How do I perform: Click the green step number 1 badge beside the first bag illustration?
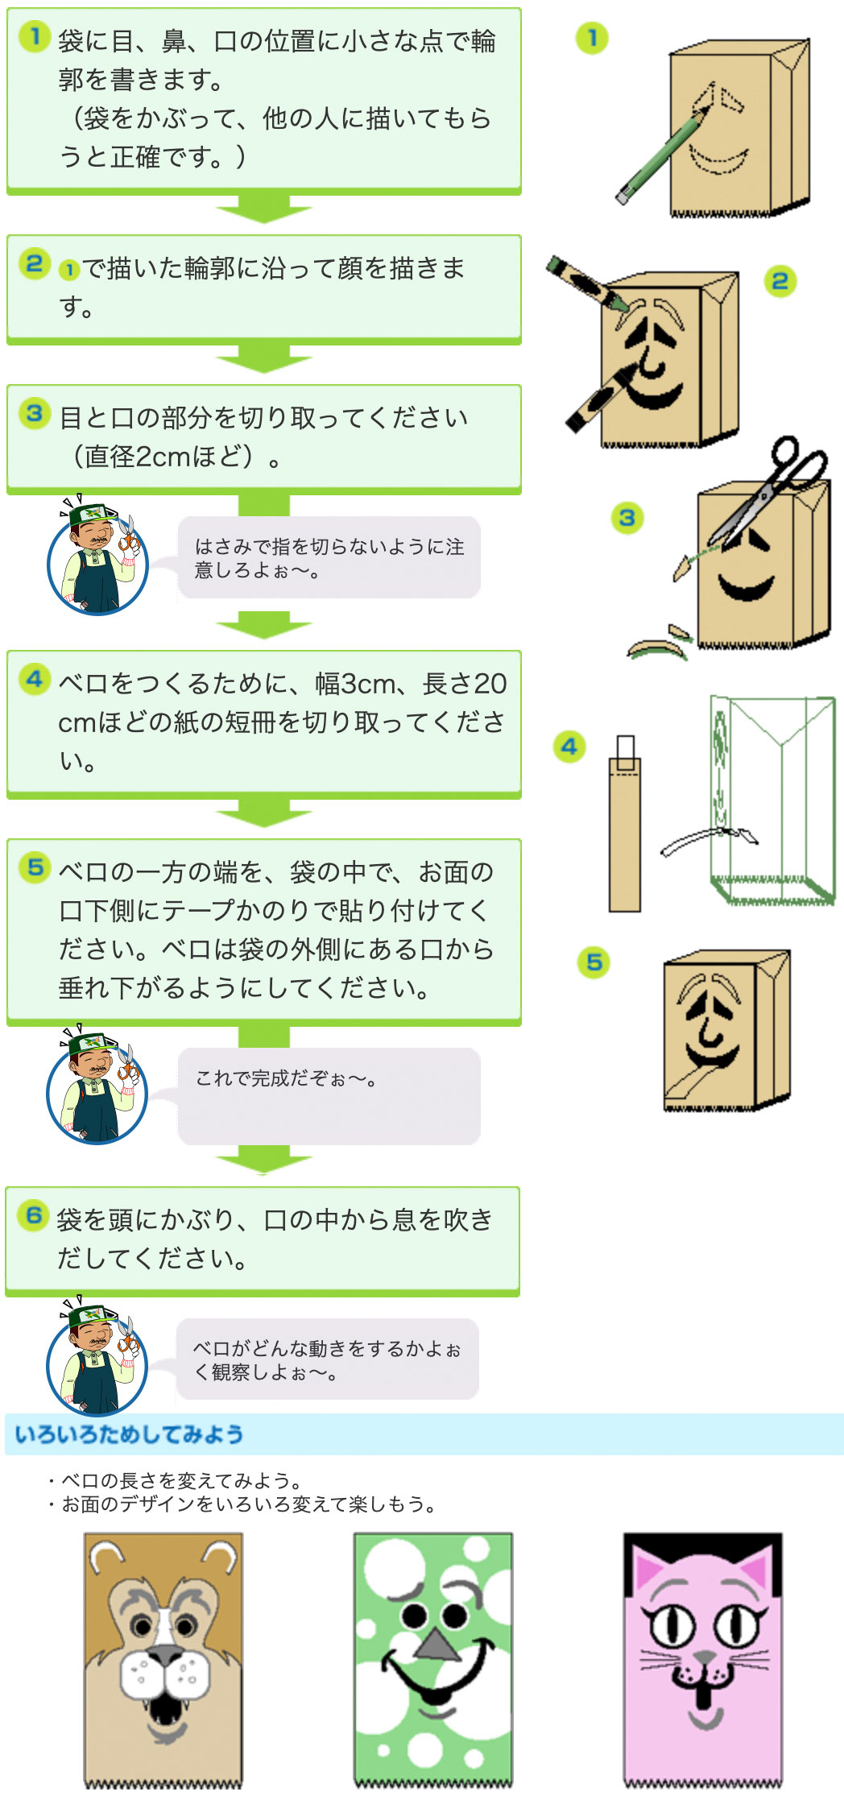tap(592, 38)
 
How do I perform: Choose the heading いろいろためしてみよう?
tap(129, 1434)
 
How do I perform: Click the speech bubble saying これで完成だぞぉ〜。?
tap(329, 1096)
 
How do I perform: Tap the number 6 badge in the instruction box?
tap(34, 1215)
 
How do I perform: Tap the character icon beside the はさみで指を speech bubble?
tap(97, 556)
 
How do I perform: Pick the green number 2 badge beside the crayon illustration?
tap(780, 281)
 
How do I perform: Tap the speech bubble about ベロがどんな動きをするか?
tap(328, 1359)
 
